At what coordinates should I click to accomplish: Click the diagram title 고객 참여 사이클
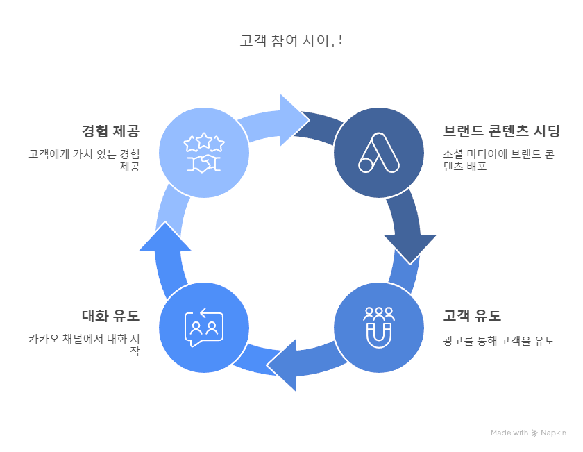click(291, 40)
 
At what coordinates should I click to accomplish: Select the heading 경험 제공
click(111, 131)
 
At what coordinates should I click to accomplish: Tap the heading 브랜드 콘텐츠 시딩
click(502, 131)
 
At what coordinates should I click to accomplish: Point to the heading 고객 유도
click(472, 316)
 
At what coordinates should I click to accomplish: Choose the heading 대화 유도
click(111, 316)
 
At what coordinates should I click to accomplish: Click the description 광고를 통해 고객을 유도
click(498, 340)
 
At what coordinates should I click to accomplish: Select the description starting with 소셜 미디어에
click(498, 160)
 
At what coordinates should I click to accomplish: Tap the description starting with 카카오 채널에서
click(85, 344)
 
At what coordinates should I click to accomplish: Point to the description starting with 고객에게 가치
click(85, 160)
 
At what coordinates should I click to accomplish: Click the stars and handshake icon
click(204, 153)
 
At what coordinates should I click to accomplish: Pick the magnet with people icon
click(379, 328)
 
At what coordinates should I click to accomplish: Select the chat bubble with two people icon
click(204, 328)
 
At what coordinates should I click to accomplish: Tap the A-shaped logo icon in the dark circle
click(379, 153)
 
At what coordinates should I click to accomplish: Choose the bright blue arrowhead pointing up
click(165, 238)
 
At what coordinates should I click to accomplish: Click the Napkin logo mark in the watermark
click(534, 433)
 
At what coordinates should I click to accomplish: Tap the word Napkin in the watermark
click(553, 433)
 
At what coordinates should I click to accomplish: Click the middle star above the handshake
click(204, 140)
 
